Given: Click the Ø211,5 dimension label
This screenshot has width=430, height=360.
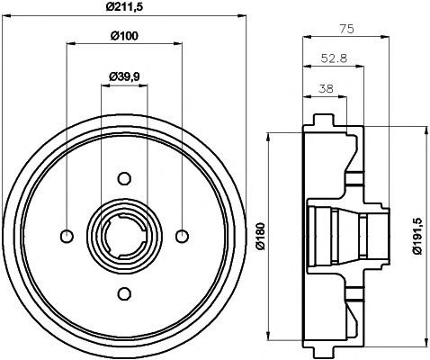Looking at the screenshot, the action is click(x=124, y=6).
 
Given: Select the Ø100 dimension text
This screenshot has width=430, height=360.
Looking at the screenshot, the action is click(x=124, y=36).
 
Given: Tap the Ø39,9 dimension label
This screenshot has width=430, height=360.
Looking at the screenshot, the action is click(x=124, y=77).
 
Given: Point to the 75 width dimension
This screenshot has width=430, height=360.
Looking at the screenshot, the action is click(x=346, y=29).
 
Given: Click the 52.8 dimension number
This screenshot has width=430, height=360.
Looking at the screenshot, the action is click(x=334, y=58).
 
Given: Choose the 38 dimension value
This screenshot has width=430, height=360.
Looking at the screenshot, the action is click(x=326, y=89).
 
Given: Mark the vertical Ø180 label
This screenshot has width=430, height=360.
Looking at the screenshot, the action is click(x=261, y=236).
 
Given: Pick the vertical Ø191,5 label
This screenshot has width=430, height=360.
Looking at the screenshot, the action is click(x=417, y=236).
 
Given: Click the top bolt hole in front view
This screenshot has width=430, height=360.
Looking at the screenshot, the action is click(x=124, y=179).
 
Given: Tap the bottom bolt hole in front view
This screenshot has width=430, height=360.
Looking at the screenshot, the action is click(x=124, y=293).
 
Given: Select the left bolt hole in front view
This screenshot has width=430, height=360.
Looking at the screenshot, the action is click(x=67, y=236).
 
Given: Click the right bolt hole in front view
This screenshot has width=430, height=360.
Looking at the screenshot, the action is click(x=182, y=236).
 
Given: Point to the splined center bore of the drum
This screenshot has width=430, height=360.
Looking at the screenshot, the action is click(x=124, y=236).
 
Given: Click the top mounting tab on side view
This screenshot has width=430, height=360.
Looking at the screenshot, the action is click(x=324, y=120).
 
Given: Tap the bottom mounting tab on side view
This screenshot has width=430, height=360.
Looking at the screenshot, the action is click(x=324, y=352).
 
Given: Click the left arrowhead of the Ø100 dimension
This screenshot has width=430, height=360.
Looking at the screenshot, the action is click(x=70, y=44).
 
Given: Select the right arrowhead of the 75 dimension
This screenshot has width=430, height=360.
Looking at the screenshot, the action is click(x=385, y=37).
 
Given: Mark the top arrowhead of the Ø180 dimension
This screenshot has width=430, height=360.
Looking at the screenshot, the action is click(x=269, y=137).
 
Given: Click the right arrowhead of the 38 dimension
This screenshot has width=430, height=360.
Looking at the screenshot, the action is click(x=343, y=96).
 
